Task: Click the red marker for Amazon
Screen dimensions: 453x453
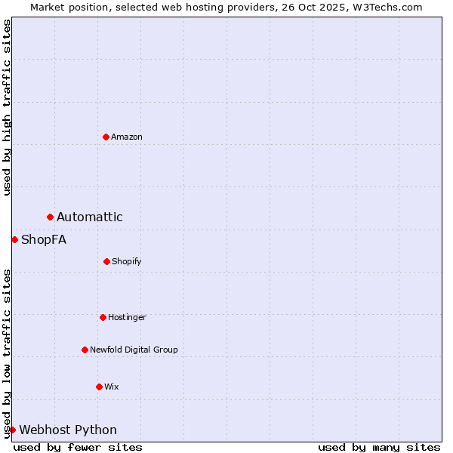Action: click(x=106, y=137)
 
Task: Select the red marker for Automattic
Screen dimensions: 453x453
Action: click(x=51, y=217)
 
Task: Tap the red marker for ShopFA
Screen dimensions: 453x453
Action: click(x=14, y=240)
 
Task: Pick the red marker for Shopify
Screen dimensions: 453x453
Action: click(x=106, y=261)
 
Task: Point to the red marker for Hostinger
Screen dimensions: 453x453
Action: click(x=103, y=317)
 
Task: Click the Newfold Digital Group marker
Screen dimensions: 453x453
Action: click(x=85, y=350)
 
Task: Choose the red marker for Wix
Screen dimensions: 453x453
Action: click(x=99, y=387)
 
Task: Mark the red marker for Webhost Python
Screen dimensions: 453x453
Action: click(x=13, y=430)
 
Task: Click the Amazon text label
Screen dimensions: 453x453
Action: click(x=127, y=137)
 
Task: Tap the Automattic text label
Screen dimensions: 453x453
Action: click(x=90, y=217)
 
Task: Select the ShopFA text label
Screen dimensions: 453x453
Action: click(x=44, y=240)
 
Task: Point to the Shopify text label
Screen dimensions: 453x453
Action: click(x=127, y=261)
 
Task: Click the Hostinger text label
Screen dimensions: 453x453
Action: click(x=127, y=317)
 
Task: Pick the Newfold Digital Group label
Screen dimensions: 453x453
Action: click(x=134, y=350)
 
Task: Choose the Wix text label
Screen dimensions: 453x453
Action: click(x=112, y=387)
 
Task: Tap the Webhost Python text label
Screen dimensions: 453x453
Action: click(x=68, y=430)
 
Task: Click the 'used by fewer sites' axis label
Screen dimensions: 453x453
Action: click(x=78, y=447)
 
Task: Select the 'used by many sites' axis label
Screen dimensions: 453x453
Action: click(x=379, y=447)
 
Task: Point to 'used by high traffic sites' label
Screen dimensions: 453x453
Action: click(x=7, y=107)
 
